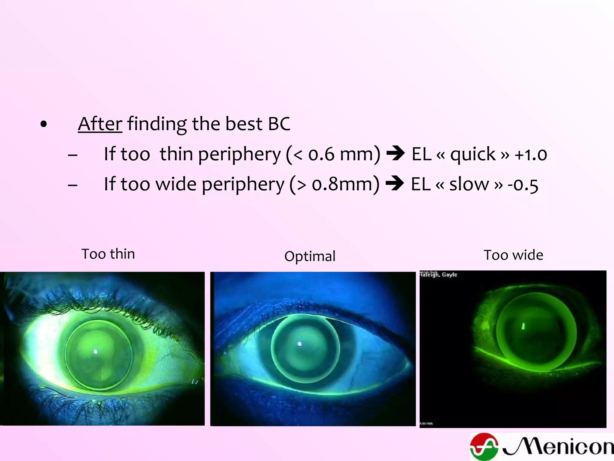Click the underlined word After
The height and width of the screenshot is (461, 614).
click(100, 124)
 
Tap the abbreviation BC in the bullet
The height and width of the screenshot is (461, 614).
click(279, 124)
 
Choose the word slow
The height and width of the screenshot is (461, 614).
click(469, 184)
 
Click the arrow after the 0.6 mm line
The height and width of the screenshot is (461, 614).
click(395, 154)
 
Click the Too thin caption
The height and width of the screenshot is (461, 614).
click(108, 254)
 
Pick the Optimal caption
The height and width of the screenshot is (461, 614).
click(310, 256)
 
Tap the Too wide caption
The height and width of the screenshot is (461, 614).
click(513, 255)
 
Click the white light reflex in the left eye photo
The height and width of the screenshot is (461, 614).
click(96, 351)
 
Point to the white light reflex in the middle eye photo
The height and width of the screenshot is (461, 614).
click(300, 344)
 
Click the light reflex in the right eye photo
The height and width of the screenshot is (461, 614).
click(523, 326)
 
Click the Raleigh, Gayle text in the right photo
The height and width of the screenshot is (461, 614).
click(438, 275)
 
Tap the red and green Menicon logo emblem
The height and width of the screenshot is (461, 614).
click(484, 447)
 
